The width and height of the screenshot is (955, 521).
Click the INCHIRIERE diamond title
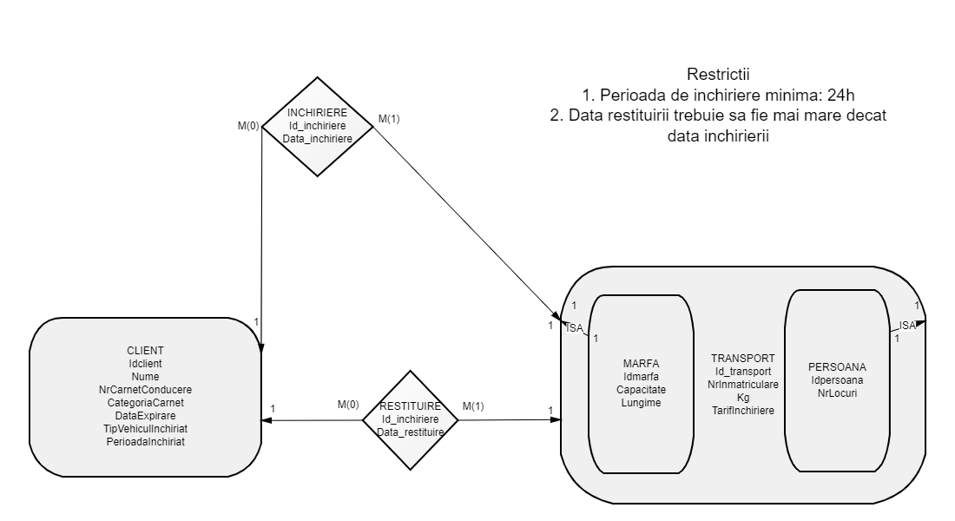[x=318, y=113]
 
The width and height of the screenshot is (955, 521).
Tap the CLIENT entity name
[x=145, y=351]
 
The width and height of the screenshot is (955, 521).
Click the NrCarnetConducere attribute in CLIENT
[x=145, y=390]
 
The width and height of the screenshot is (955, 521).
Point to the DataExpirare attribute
[x=145, y=416]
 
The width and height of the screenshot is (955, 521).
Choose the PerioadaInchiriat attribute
[x=145, y=442]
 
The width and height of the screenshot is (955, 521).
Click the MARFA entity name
[x=642, y=364]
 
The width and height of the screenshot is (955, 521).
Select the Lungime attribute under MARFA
[x=642, y=403]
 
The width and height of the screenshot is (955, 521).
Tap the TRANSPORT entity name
[x=743, y=358]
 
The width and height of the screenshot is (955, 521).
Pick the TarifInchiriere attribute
[x=743, y=410]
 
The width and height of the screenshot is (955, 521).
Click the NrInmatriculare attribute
[x=743, y=384]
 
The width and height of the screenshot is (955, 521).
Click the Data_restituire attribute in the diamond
[x=412, y=432]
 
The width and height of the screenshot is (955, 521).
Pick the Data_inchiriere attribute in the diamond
[x=318, y=139]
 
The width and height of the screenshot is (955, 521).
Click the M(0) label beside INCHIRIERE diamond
[x=249, y=127]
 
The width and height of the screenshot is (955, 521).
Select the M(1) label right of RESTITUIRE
[x=474, y=406]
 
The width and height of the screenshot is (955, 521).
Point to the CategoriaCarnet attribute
[x=145, y=403]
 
